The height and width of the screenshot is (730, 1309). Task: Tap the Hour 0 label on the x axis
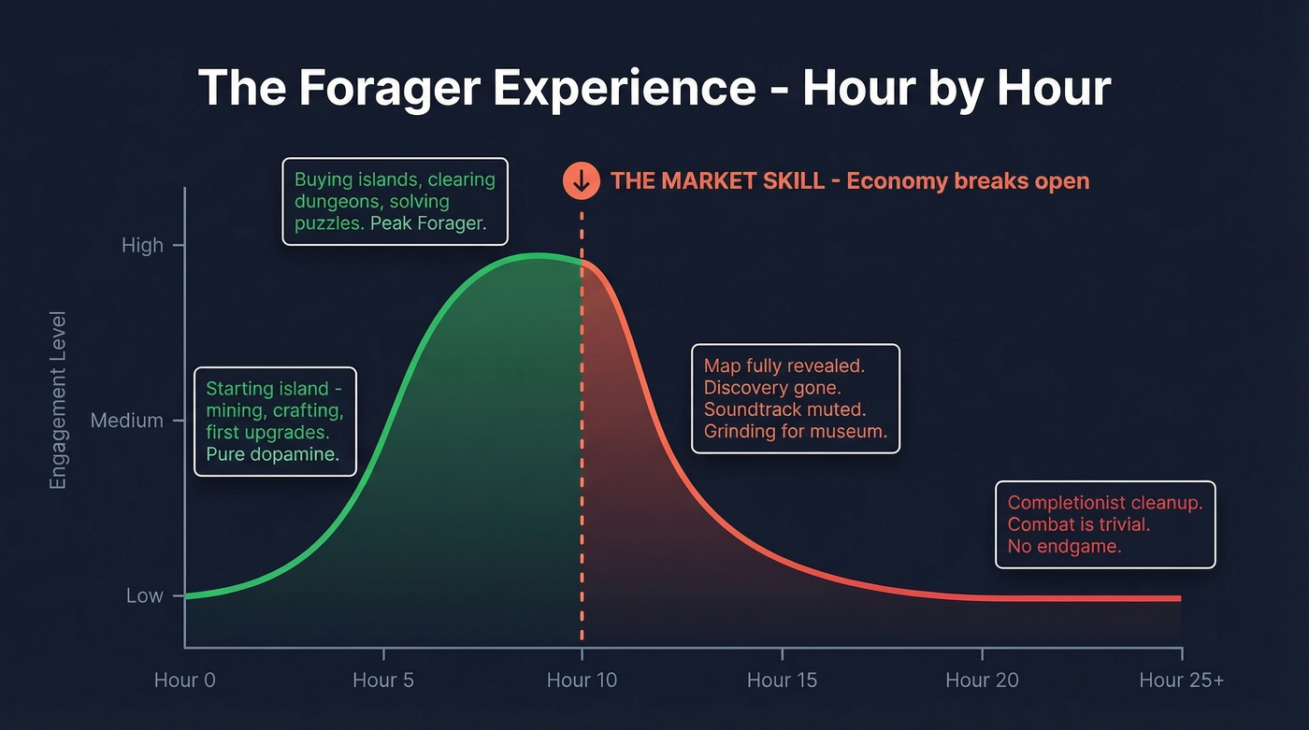[184, 680]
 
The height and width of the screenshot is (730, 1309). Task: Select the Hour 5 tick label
[383, 680]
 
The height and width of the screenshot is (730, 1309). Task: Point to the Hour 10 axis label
[582, 680]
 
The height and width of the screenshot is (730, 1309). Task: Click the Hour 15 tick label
[782, 680]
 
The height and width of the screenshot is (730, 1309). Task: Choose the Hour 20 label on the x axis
[982, 680]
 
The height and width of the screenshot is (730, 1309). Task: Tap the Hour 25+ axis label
[1181, 680]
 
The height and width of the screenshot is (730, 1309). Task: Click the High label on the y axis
[142, 246]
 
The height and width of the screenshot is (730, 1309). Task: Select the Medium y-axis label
[126, 421]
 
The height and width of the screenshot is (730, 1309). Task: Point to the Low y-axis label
[144, 595]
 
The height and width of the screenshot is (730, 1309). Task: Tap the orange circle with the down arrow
[581, 180]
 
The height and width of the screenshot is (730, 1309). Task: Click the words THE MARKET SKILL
[717, 180]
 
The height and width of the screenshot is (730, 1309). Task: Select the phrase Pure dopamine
[272, 455]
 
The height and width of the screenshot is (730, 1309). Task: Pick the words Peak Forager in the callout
[428, 224]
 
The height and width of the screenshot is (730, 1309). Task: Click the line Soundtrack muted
[784, 409]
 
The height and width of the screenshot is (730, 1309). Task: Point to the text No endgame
[1064, 546]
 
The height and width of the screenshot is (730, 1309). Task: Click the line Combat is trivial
[1078, 524]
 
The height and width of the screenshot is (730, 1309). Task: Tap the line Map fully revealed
[784, 365]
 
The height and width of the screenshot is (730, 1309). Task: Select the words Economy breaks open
[968, 180]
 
